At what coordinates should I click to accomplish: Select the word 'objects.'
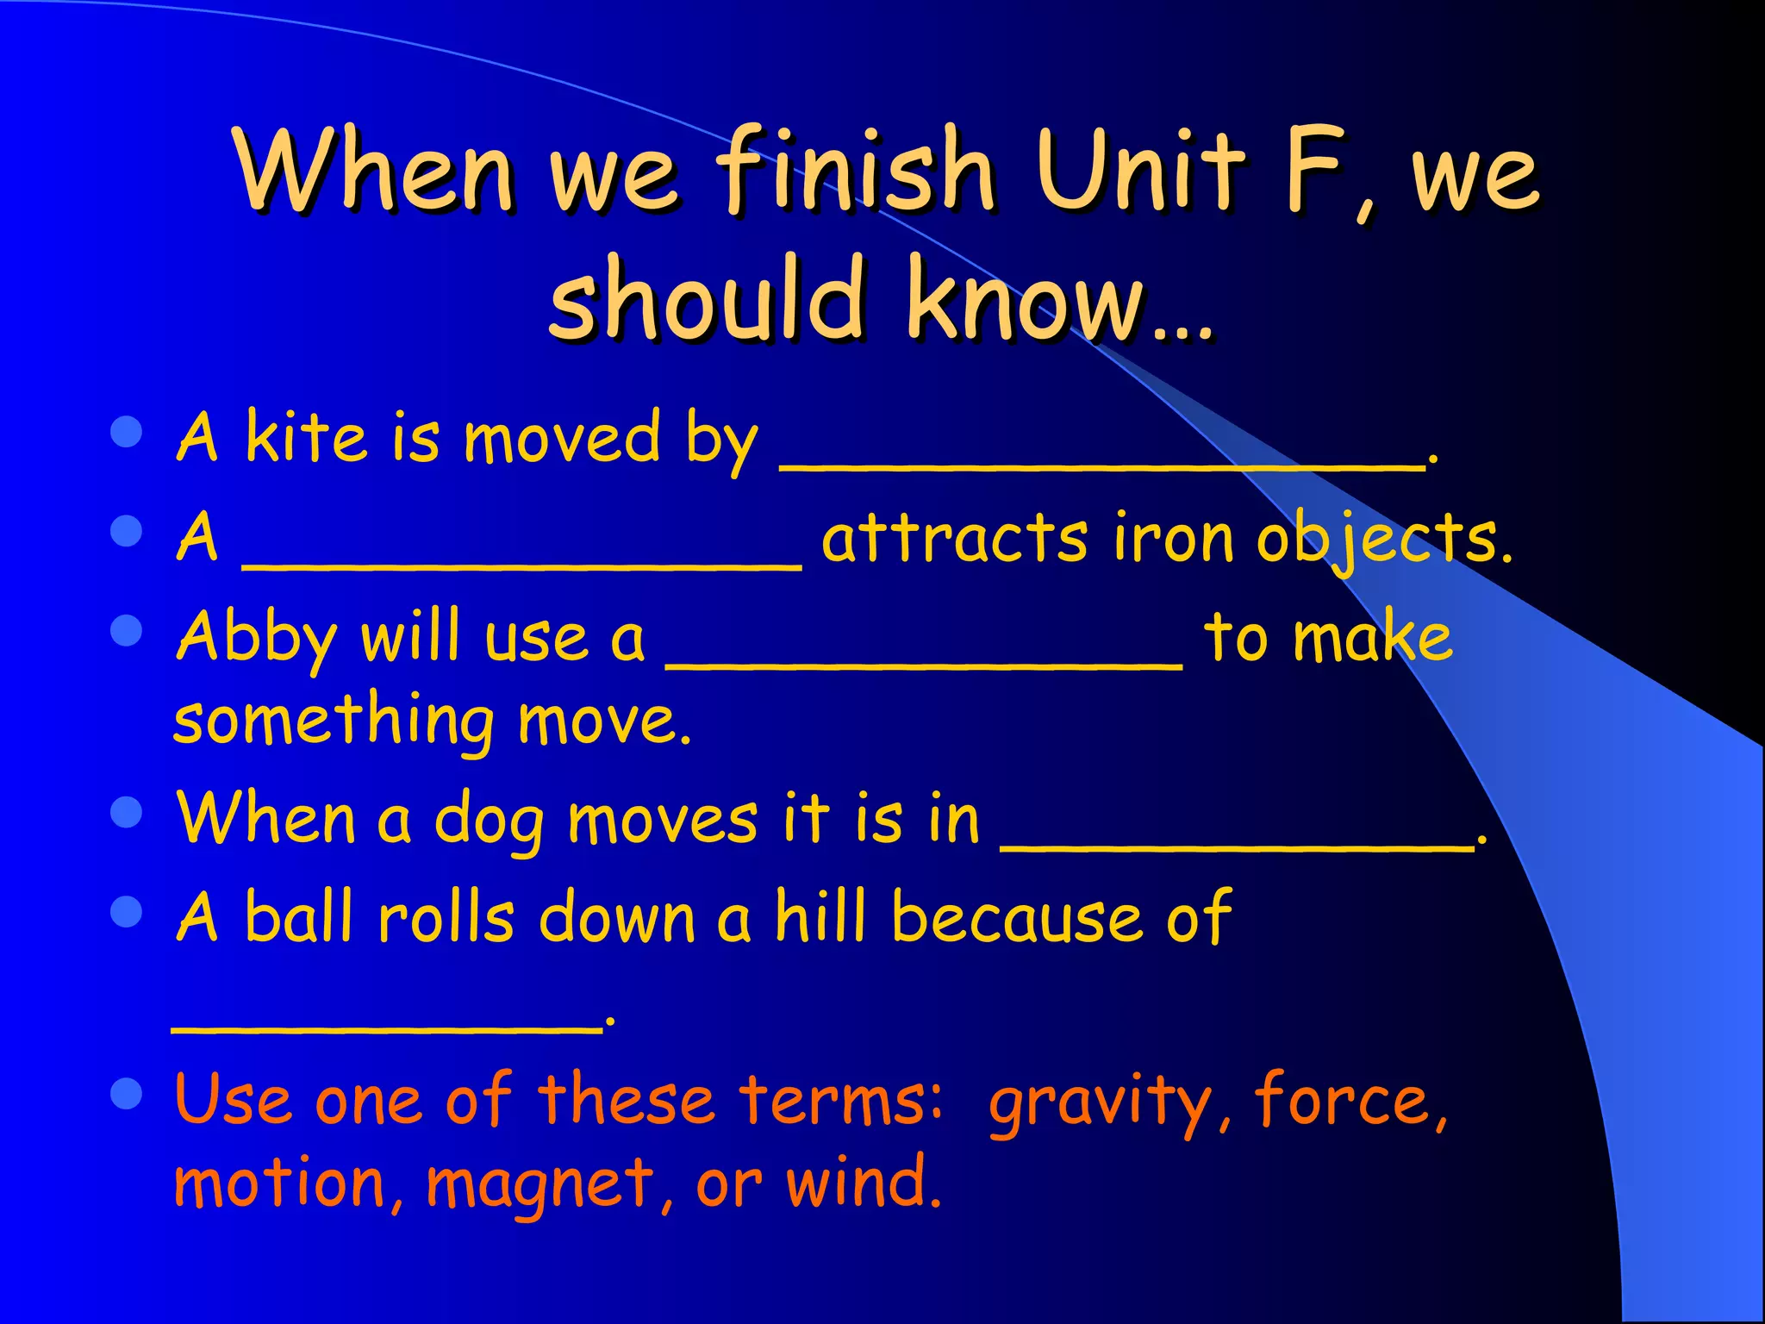(x=1383, y=539)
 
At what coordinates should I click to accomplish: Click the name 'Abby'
(x=256, y=638)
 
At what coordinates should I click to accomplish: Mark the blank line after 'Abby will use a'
(x=924, y=663)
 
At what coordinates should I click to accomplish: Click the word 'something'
(x=334, y=720)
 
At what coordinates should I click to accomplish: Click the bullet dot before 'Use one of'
(x=127, y=1096)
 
